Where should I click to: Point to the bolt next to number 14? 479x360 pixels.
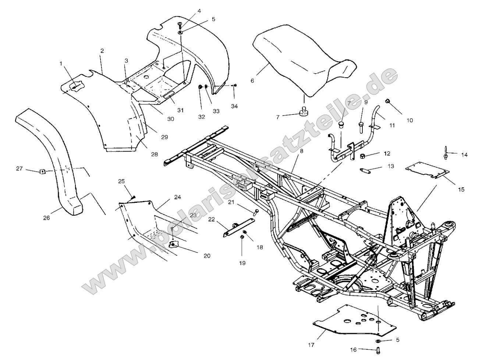pyautogui.click(x=446, y=154)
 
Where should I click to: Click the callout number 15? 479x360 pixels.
pyautogui.click(x=461, y=190)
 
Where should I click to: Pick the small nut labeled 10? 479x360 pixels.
pyautogui.click(x=387, y=101)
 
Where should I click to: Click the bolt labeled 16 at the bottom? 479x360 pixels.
pyautogui.click(x=377, y=350)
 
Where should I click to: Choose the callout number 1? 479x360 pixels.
pyautogui.click(x=61, y=63)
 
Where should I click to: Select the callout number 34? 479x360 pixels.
pyautogui.click(x=234, y=106)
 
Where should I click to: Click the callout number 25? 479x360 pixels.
pyautogui.click(x=121, y=181)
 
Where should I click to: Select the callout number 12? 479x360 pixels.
pyautogui.click(x=387, y=153)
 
